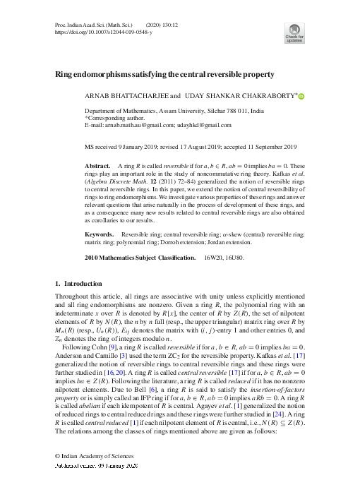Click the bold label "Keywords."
tap(100, 233)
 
